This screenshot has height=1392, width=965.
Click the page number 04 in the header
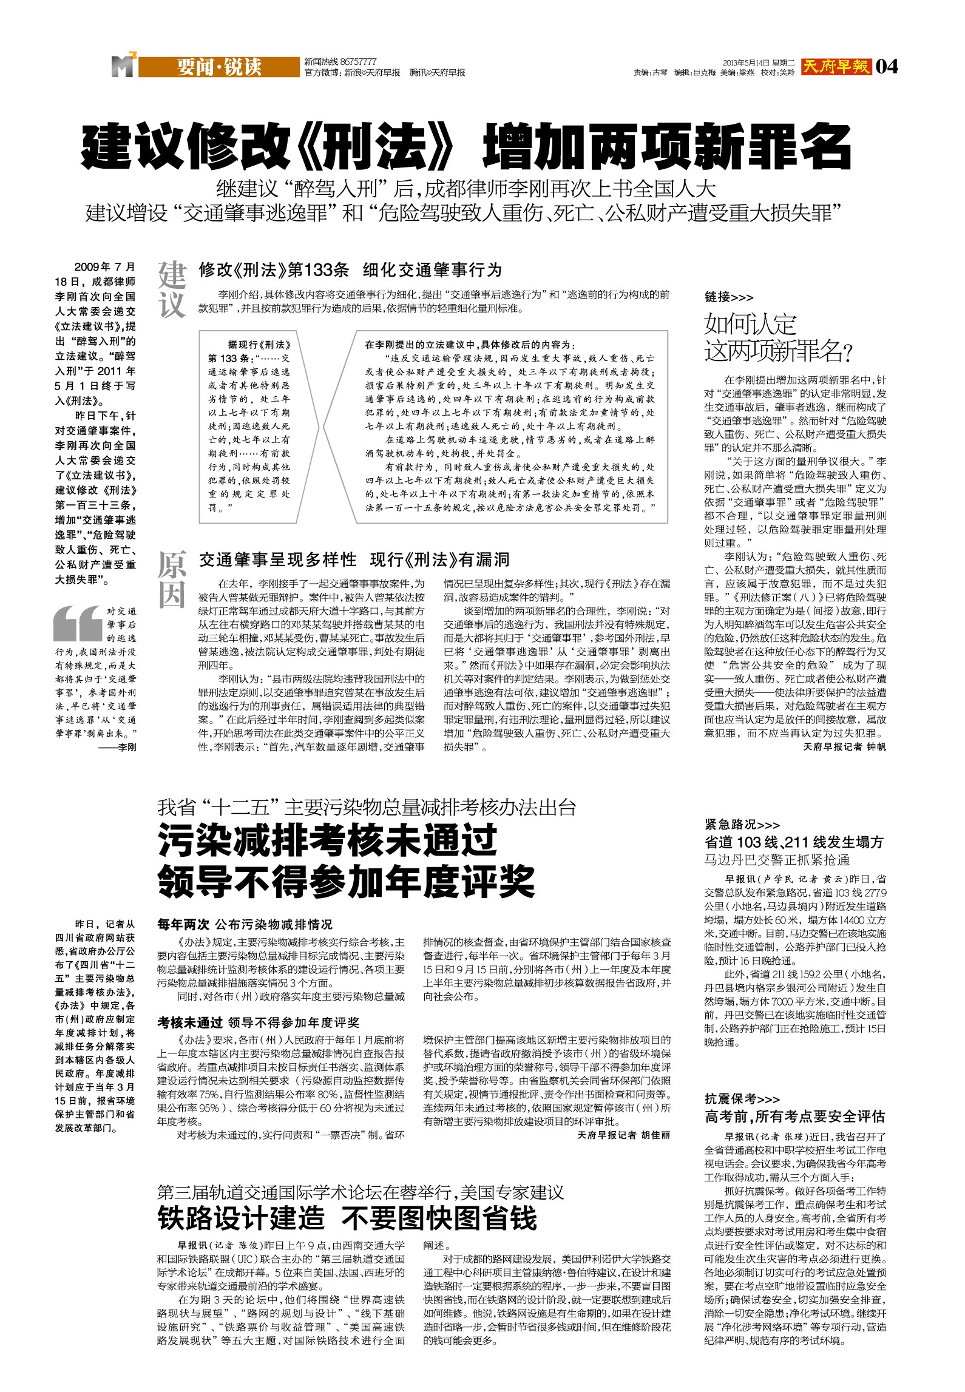point(887,66)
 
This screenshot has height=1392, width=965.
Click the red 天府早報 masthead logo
point(836,66)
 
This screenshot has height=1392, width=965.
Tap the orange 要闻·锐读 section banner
point(218,67)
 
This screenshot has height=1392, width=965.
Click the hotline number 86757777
point(358,62)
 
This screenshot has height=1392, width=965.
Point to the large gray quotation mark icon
point(77,623)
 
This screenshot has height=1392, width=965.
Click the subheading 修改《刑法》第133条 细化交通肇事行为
point(350,270)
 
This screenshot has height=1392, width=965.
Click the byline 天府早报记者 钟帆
point(844,747)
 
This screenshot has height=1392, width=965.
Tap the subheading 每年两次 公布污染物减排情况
point(245,924)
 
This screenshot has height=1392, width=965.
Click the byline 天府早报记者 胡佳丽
point(623,1135)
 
